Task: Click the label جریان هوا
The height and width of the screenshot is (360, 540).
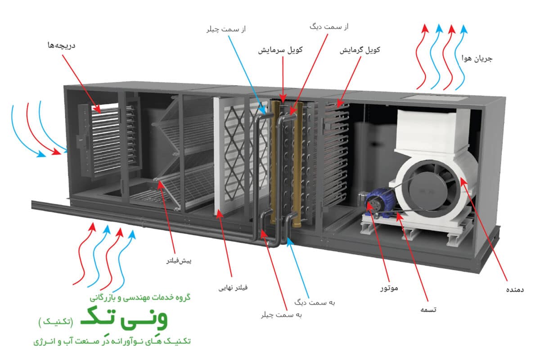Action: pyautogui.click(x=477, y=58)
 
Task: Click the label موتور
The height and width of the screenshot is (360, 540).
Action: pyautogui.click(x=387, y=286)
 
